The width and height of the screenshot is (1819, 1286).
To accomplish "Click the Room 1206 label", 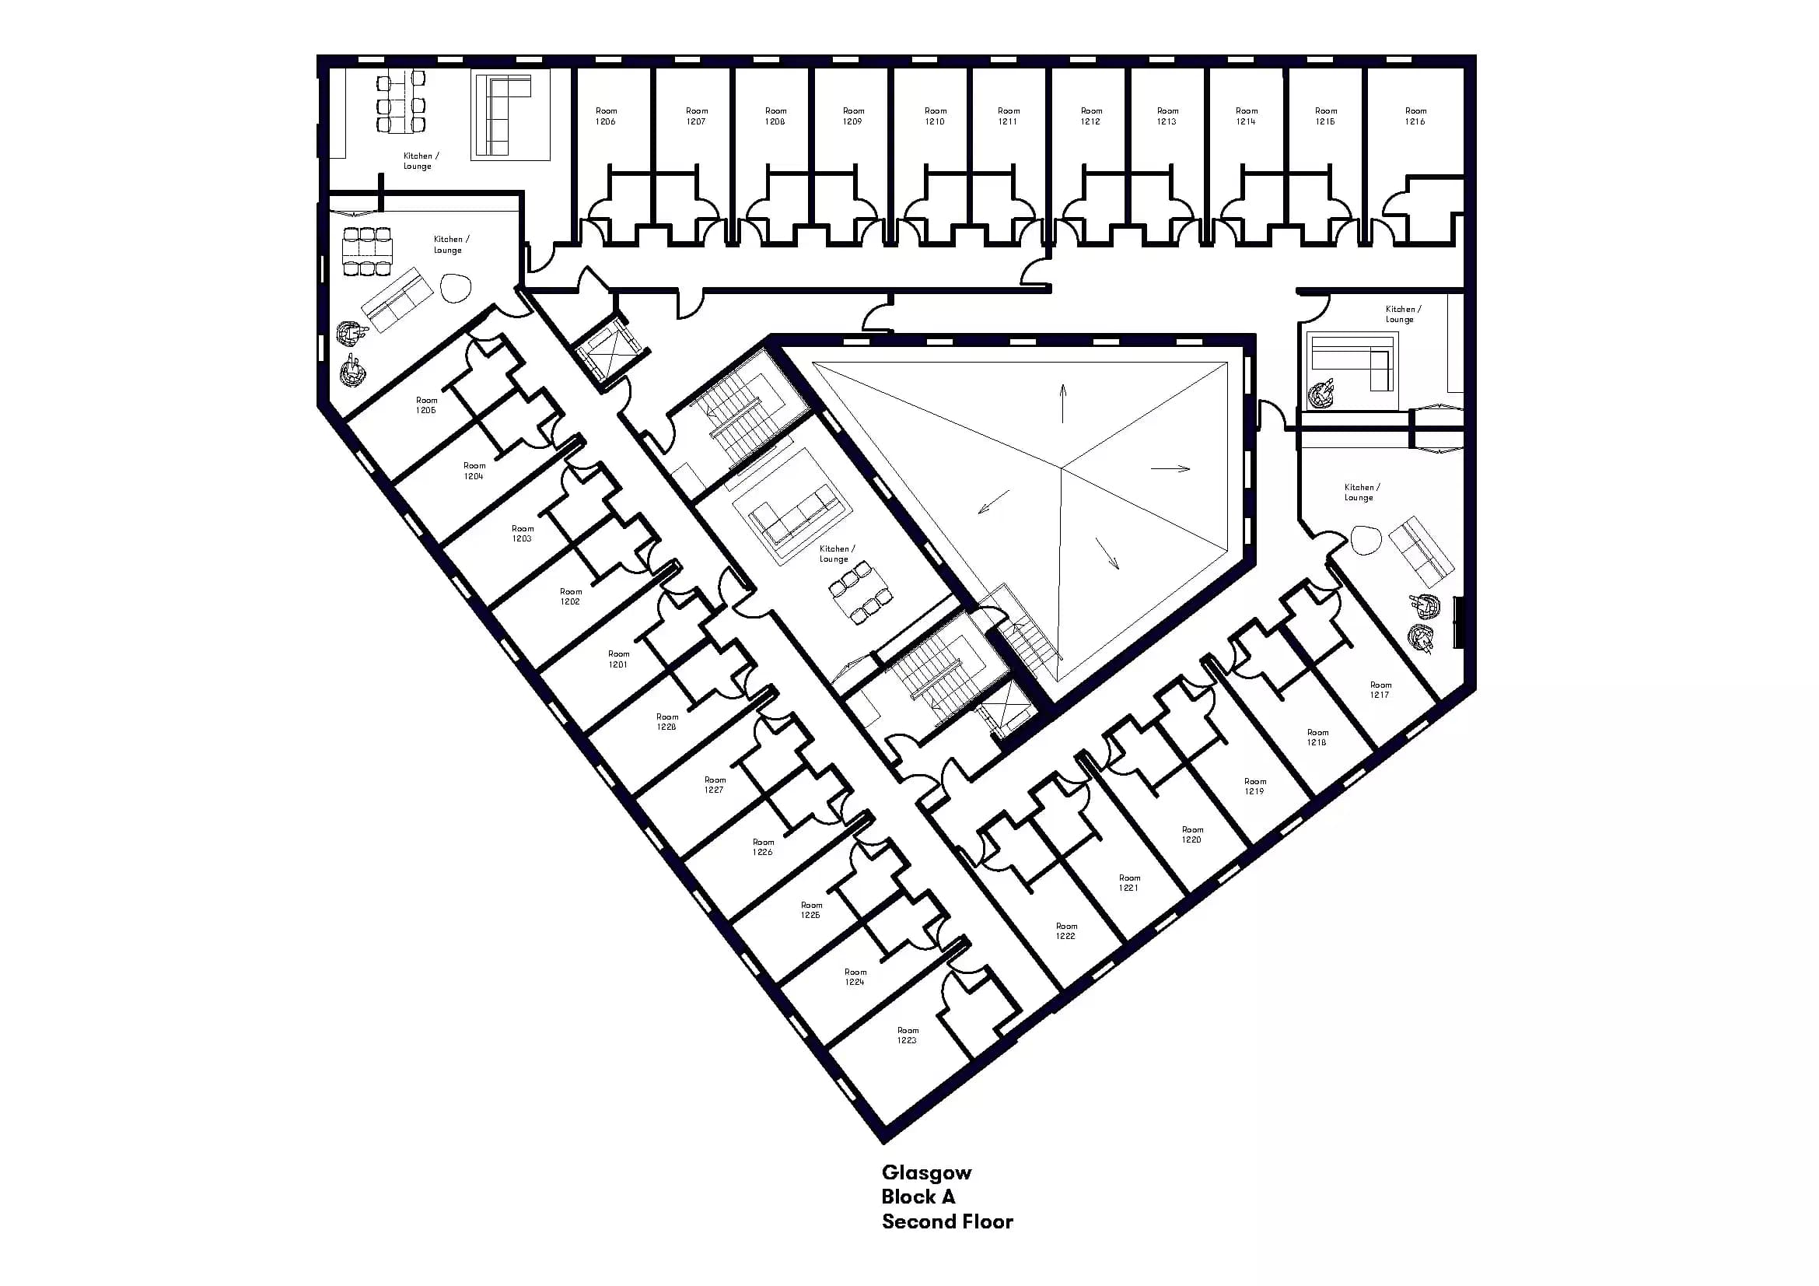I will [x=605, y=117].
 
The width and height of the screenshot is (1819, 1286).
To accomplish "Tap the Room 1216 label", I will [x=1415, y=117].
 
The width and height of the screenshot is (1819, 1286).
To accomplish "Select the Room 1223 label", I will [x=907, y=1035].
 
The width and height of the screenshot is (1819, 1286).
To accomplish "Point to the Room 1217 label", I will [x=1380, y=689].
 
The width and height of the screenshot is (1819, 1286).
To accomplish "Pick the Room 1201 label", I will [x=618, y=659].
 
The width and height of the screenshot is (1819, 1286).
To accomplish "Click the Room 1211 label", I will [x=1008, y=117].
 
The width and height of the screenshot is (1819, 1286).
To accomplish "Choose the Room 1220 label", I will [x=1191, y=834].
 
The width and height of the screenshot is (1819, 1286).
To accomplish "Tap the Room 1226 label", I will [x=763, y=847].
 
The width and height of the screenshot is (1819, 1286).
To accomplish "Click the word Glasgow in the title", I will [x=926, y=1172].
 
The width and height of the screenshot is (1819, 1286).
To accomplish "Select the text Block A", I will [x=918, y=1197].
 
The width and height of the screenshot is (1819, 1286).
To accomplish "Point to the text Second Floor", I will [x=946, y=1221].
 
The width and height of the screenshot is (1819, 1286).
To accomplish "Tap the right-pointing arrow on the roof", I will [x=1170, y=468].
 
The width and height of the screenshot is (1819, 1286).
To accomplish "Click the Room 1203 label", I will [x=522, y=533].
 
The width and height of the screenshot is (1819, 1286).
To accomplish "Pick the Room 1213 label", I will [x=1167, y=117].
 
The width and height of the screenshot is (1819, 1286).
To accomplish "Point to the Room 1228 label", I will [x=666, y=722].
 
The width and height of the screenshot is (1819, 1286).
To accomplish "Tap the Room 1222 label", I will [x=1065, y=931].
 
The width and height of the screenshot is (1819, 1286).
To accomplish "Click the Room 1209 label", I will [x=852, y=117].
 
